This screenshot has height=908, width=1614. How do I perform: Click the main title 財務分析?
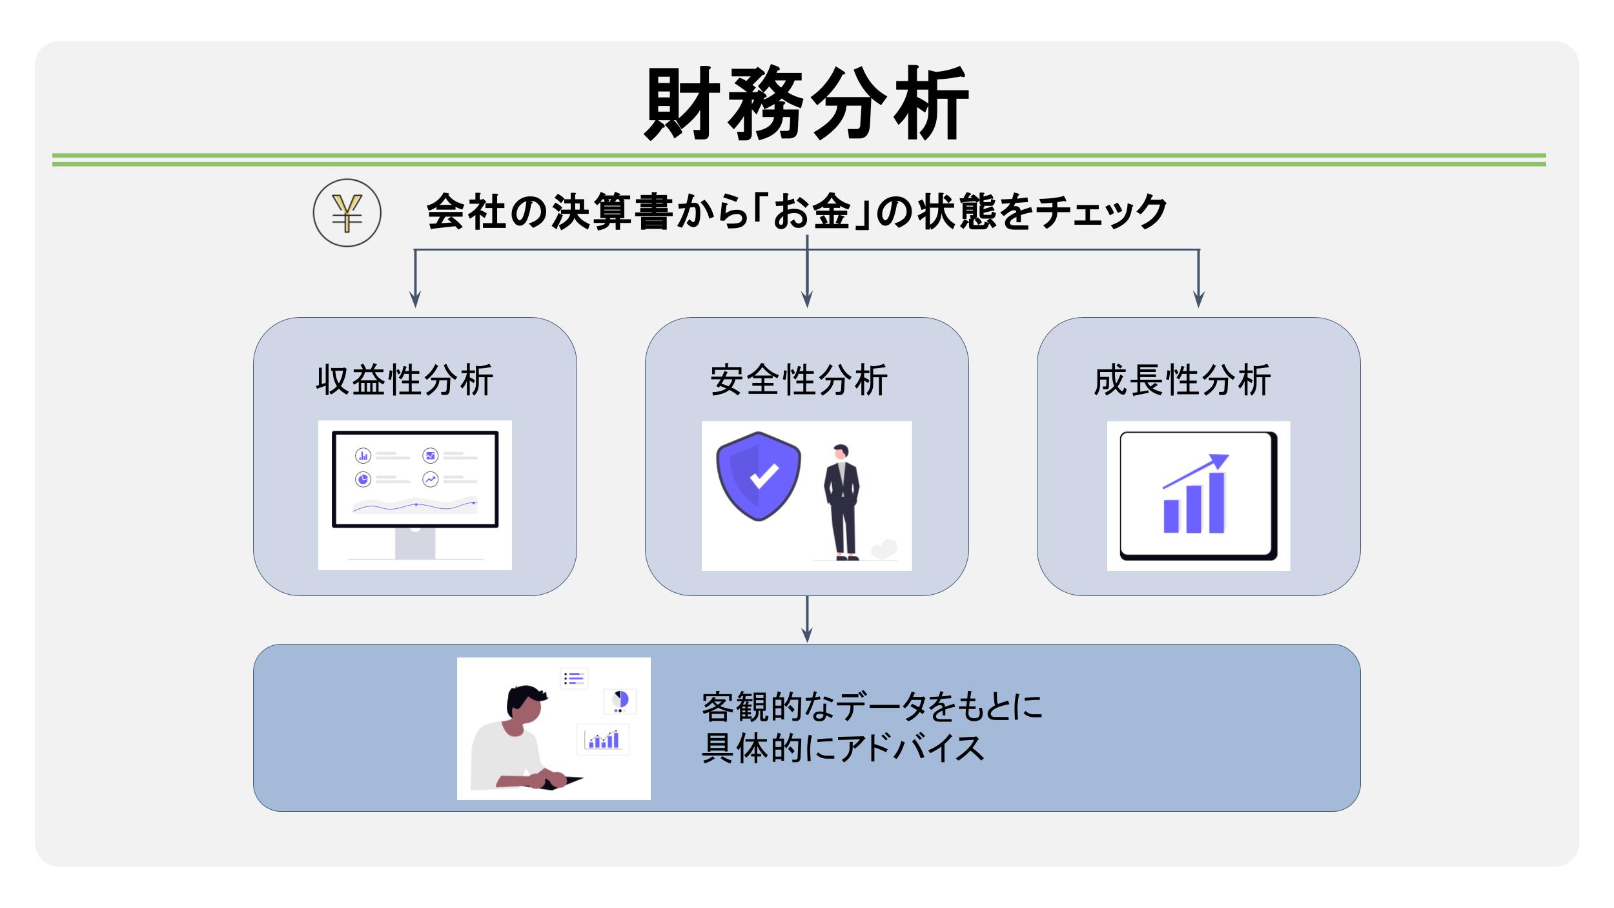tap(806, 103)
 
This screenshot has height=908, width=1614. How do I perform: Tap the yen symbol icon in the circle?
tap(347, 213)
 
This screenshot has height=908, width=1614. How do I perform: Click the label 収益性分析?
tap(405, 380)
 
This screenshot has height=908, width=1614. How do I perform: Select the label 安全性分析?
tap(799, 380)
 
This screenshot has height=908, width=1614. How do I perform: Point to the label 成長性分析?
tap(1183, 380)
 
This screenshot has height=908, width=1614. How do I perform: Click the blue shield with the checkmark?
tap(759, 476)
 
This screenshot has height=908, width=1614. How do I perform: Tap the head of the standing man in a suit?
tap(841, 451)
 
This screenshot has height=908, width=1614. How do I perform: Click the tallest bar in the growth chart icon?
tap(1217, 502)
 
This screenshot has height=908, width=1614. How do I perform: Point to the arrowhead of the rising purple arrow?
tap(1220, 460)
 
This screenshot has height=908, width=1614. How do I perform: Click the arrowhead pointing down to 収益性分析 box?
tap(415, 299)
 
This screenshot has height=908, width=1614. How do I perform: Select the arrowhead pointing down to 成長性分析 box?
tap(1199, 299)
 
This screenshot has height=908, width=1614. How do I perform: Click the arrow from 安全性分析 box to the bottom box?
tap(807, 619)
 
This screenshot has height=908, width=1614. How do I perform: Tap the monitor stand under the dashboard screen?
tap(415, 543)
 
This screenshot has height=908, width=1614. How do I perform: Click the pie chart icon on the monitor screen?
tap(363, 480)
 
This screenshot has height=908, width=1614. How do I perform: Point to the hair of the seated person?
tap(526, 697)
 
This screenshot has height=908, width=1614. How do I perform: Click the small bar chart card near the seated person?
tap(603, 739)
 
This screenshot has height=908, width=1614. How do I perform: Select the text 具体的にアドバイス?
tap(843, 748)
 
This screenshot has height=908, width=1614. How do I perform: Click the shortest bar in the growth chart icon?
tap(1171, 516)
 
